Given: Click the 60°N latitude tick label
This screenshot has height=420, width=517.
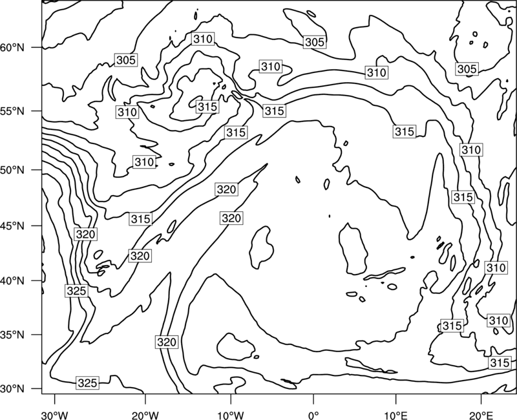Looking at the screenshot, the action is tap(12, 48).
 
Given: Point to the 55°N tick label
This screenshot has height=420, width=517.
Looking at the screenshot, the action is tap(12, 111).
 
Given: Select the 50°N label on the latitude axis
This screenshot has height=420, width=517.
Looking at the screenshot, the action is tap(12, 170).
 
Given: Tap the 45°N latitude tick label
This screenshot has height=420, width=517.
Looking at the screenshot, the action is tap(12, 226).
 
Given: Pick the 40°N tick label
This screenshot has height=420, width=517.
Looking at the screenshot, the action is tap(12, 280).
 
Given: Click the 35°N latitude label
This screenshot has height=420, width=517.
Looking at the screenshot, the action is tap(12, 335).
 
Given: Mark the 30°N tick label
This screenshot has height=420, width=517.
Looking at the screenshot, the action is tap(12, 389).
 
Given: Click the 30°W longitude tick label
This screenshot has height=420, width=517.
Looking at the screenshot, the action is tap(54, 415).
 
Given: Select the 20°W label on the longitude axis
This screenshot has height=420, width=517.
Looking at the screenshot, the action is tap(145, 415).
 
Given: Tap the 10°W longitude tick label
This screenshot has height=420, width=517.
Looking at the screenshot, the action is tap(230, 415).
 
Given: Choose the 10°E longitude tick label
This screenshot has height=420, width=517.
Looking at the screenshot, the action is tap(396, 415).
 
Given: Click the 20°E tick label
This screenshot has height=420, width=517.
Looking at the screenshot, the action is tap(481, 415).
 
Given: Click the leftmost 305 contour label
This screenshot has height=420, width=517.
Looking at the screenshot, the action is tap(126, 60).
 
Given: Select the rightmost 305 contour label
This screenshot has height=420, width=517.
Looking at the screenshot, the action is tap(467, 69).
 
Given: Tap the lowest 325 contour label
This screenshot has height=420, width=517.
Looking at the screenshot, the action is tap(87, 383).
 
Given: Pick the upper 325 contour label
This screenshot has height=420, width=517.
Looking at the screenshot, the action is tap(76, 291).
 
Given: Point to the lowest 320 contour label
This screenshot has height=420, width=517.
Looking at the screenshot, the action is tap(167, 342).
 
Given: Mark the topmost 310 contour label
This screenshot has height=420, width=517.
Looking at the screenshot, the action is tap(203, 39).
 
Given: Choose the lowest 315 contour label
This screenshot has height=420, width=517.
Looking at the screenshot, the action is tap(500, 362).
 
